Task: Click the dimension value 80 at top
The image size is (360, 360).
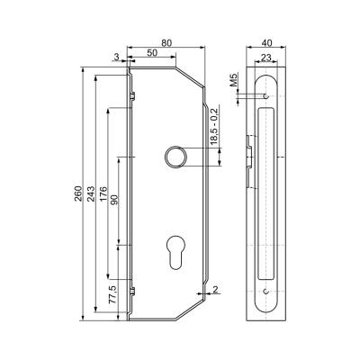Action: (x=166, y=43)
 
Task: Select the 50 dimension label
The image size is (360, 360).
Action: (x=152, y=53)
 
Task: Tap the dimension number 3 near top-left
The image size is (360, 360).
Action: (x=117, y=56)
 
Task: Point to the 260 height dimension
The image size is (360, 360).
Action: (x=78, y=193)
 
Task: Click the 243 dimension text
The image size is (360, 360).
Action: (x=91, y=193)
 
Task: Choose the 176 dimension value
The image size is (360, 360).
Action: (x=103, y=193)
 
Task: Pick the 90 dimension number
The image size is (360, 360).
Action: (x=115, y=200)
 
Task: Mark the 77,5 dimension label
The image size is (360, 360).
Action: (x=112, y=295)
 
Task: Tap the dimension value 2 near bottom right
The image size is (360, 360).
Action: (x=215, y=289)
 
